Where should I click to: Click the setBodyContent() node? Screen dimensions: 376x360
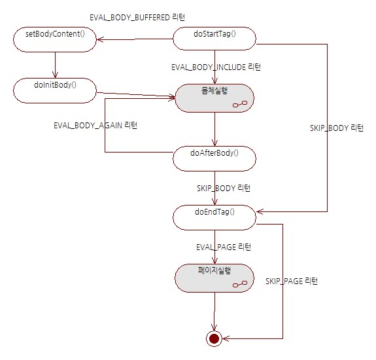coord(55,39)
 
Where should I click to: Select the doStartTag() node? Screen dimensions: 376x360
coord(214,39)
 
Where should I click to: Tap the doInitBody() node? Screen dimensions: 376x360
coord(55,90)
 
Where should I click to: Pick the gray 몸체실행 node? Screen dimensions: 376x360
coord(214,98)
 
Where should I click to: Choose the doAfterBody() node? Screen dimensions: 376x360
coord(214,158)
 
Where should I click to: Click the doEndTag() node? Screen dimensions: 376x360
coord(214,217)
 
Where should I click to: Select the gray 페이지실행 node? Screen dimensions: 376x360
coord(214,278)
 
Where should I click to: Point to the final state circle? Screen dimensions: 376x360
coord(214,338)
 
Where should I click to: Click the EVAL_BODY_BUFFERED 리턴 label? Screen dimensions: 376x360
coord(137,17)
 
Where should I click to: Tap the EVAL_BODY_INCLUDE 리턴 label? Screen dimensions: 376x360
coord(216,67)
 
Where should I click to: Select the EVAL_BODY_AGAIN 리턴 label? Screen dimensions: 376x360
coord(95,125)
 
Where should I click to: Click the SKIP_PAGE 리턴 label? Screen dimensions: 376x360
coord(292,281)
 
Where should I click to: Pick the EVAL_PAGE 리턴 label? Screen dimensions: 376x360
coord(224,247)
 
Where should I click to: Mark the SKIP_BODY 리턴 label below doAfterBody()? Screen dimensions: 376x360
coord(224,188)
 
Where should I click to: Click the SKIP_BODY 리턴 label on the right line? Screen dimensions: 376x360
coord(337,128)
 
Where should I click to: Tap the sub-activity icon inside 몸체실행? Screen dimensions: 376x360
coord(240,104)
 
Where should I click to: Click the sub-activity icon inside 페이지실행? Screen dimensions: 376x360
coord(240,284)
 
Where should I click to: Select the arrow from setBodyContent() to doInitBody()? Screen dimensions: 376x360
coord(55,65)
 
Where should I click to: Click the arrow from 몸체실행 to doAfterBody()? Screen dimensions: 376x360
coord(215,130)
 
